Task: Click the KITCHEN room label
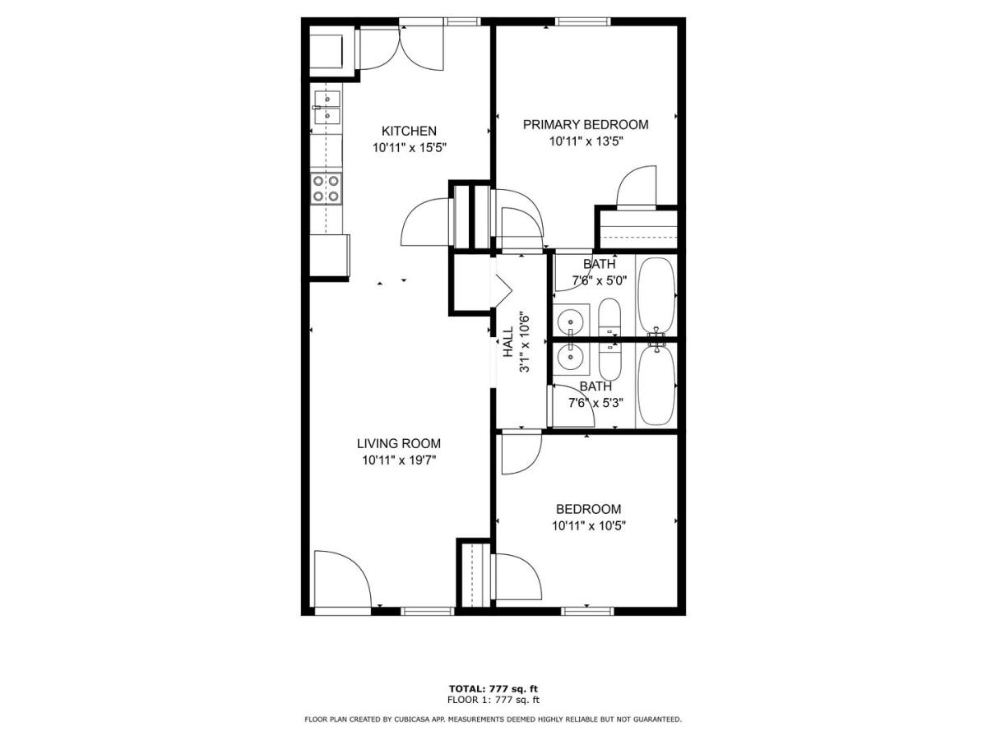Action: pyautogui.click(x=409, y=131)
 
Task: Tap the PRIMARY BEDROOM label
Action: pyautogui.click(x=586, y=124)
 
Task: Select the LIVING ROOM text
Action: pyautogui.click(x=398, y=443)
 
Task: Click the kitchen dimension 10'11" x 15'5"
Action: pyautogui.click(x=409, y=147)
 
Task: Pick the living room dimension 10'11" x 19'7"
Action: pyautogui.click(x=399, y=460)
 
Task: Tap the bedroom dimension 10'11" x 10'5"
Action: pyautogui.click(x=589, y=525)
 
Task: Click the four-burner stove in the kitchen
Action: pyautogui.click(x=326, y=189)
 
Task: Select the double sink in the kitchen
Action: pyautogui.click(x=327, y=107)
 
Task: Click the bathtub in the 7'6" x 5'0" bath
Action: pyautogui.click(x=656, y=295)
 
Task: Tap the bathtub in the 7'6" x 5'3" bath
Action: pyautogui.click(x=656, y=385)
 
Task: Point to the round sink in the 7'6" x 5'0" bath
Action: pyautogui.click(x=571, y=321)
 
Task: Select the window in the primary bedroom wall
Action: pyautogui.click(x=583, y=21)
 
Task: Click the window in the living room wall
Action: pyautogui.click(x=427, y=611)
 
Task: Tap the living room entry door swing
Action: pyautogui.click(x=342, y=579)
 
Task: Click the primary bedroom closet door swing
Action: pyautogui.click(x=637, y=187)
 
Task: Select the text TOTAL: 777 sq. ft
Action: pyautogui.click(x=493, y=689)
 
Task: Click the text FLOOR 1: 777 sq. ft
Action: pyautogui.click(x=493, y=700)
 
